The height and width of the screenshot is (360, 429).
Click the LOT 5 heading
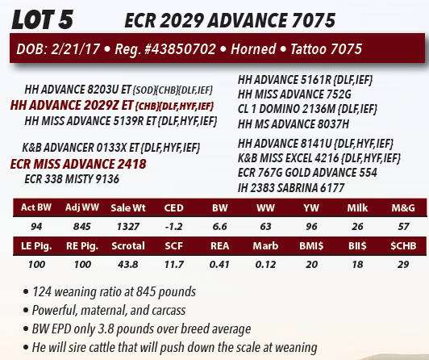[x=43, y=19]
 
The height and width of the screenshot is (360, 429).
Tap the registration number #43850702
[x=181, y=49]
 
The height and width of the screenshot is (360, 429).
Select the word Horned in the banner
[x=253, y=49]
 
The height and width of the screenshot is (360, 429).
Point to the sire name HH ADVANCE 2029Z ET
[x=72, y=106]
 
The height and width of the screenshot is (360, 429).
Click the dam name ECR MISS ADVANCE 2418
[x=78, y=164]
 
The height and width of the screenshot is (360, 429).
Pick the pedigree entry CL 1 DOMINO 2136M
[x=286, y=109]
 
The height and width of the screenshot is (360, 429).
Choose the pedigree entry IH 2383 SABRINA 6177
[x=291, y=188]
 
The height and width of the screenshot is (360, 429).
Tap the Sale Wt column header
[x=128, y=207]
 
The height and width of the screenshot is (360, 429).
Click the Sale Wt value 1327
[x=128, y=226]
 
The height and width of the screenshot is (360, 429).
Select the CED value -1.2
[x=173, y=226]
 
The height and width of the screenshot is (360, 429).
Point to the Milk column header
[x=357, y=207]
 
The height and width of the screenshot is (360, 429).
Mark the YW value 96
[x=311, y=226]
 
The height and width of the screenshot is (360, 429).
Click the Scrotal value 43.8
[x=128, y=265]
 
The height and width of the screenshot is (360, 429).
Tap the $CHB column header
[x=403, y=246]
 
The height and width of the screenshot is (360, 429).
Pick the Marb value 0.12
[x=265, y=265]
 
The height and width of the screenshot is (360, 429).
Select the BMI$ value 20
[x=311, y=265]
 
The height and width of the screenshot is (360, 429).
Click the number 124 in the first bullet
[x=42, y=292]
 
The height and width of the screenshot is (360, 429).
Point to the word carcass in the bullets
[x=169, y=311]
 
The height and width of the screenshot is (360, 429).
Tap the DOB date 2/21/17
[x=76, y=49]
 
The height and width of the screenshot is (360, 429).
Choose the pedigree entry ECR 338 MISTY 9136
[x=72, y=179]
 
